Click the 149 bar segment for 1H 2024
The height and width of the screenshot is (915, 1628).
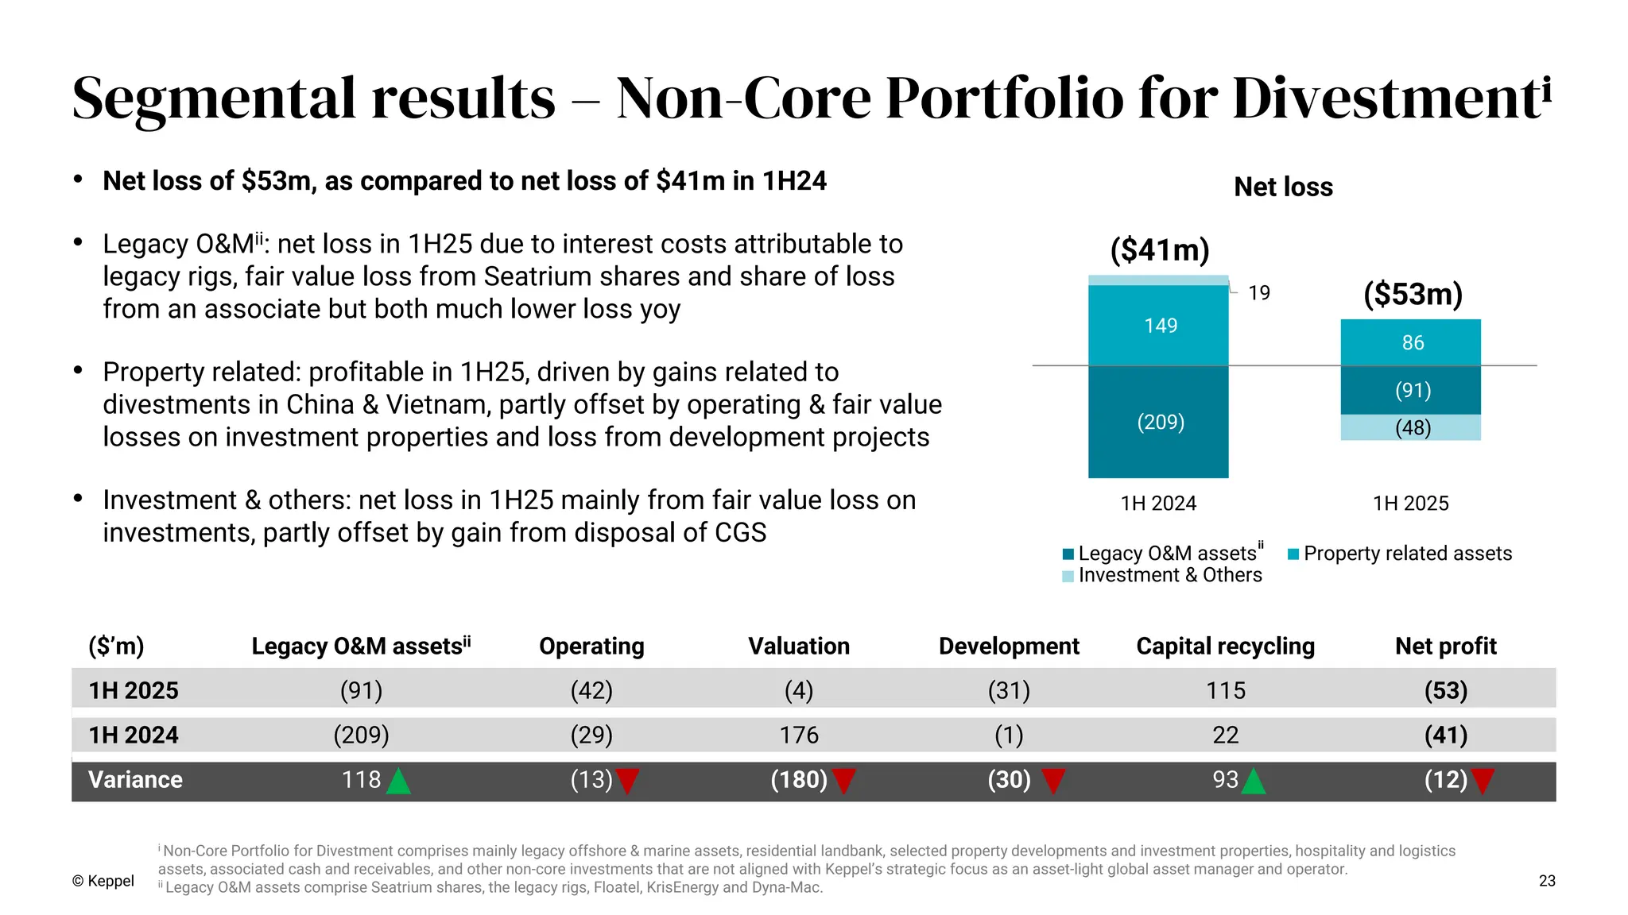pyautogui.click(x=1158, y=326)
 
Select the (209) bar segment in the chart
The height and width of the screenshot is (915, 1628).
pyautogui.click(x=1158, y=422)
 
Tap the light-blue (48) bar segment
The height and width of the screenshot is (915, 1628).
pyautogui.click(x=1411, y=428)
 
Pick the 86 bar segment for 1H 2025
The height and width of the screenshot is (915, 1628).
pyautogui.click(x=1411, y=342)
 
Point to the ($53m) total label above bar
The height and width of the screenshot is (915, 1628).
pyautogui.click(x=1413, y=294)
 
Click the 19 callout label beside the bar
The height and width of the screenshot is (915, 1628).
pyautogui.click(x=1258, y=293)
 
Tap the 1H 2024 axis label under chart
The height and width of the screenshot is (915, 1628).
pyautogui.click(x=1158, y=504)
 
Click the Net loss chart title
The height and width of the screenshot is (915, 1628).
pyautogui.click(x=1283, y=187)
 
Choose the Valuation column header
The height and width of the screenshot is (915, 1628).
pyautogui.click(x=799, y=646)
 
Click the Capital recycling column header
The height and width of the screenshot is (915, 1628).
pyautogui.click(x=1225, y=646)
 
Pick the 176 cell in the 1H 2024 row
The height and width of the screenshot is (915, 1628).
pyautogui.click(x=799, y=735)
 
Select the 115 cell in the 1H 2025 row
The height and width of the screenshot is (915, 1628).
pyautogui.click(x=1225, y=690)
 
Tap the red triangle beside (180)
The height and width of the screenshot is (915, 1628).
pyautogui.click(x=843, y=782)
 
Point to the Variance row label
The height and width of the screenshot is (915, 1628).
pyautogui.click(x=135, y=779)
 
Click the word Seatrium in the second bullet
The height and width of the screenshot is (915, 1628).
pyautogui.click(x=537, y=276)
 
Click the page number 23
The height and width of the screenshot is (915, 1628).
pyautogui.click(x=1546, y=881)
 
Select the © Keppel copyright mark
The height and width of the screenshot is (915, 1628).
pyautogui.click(x=103, y=881)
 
